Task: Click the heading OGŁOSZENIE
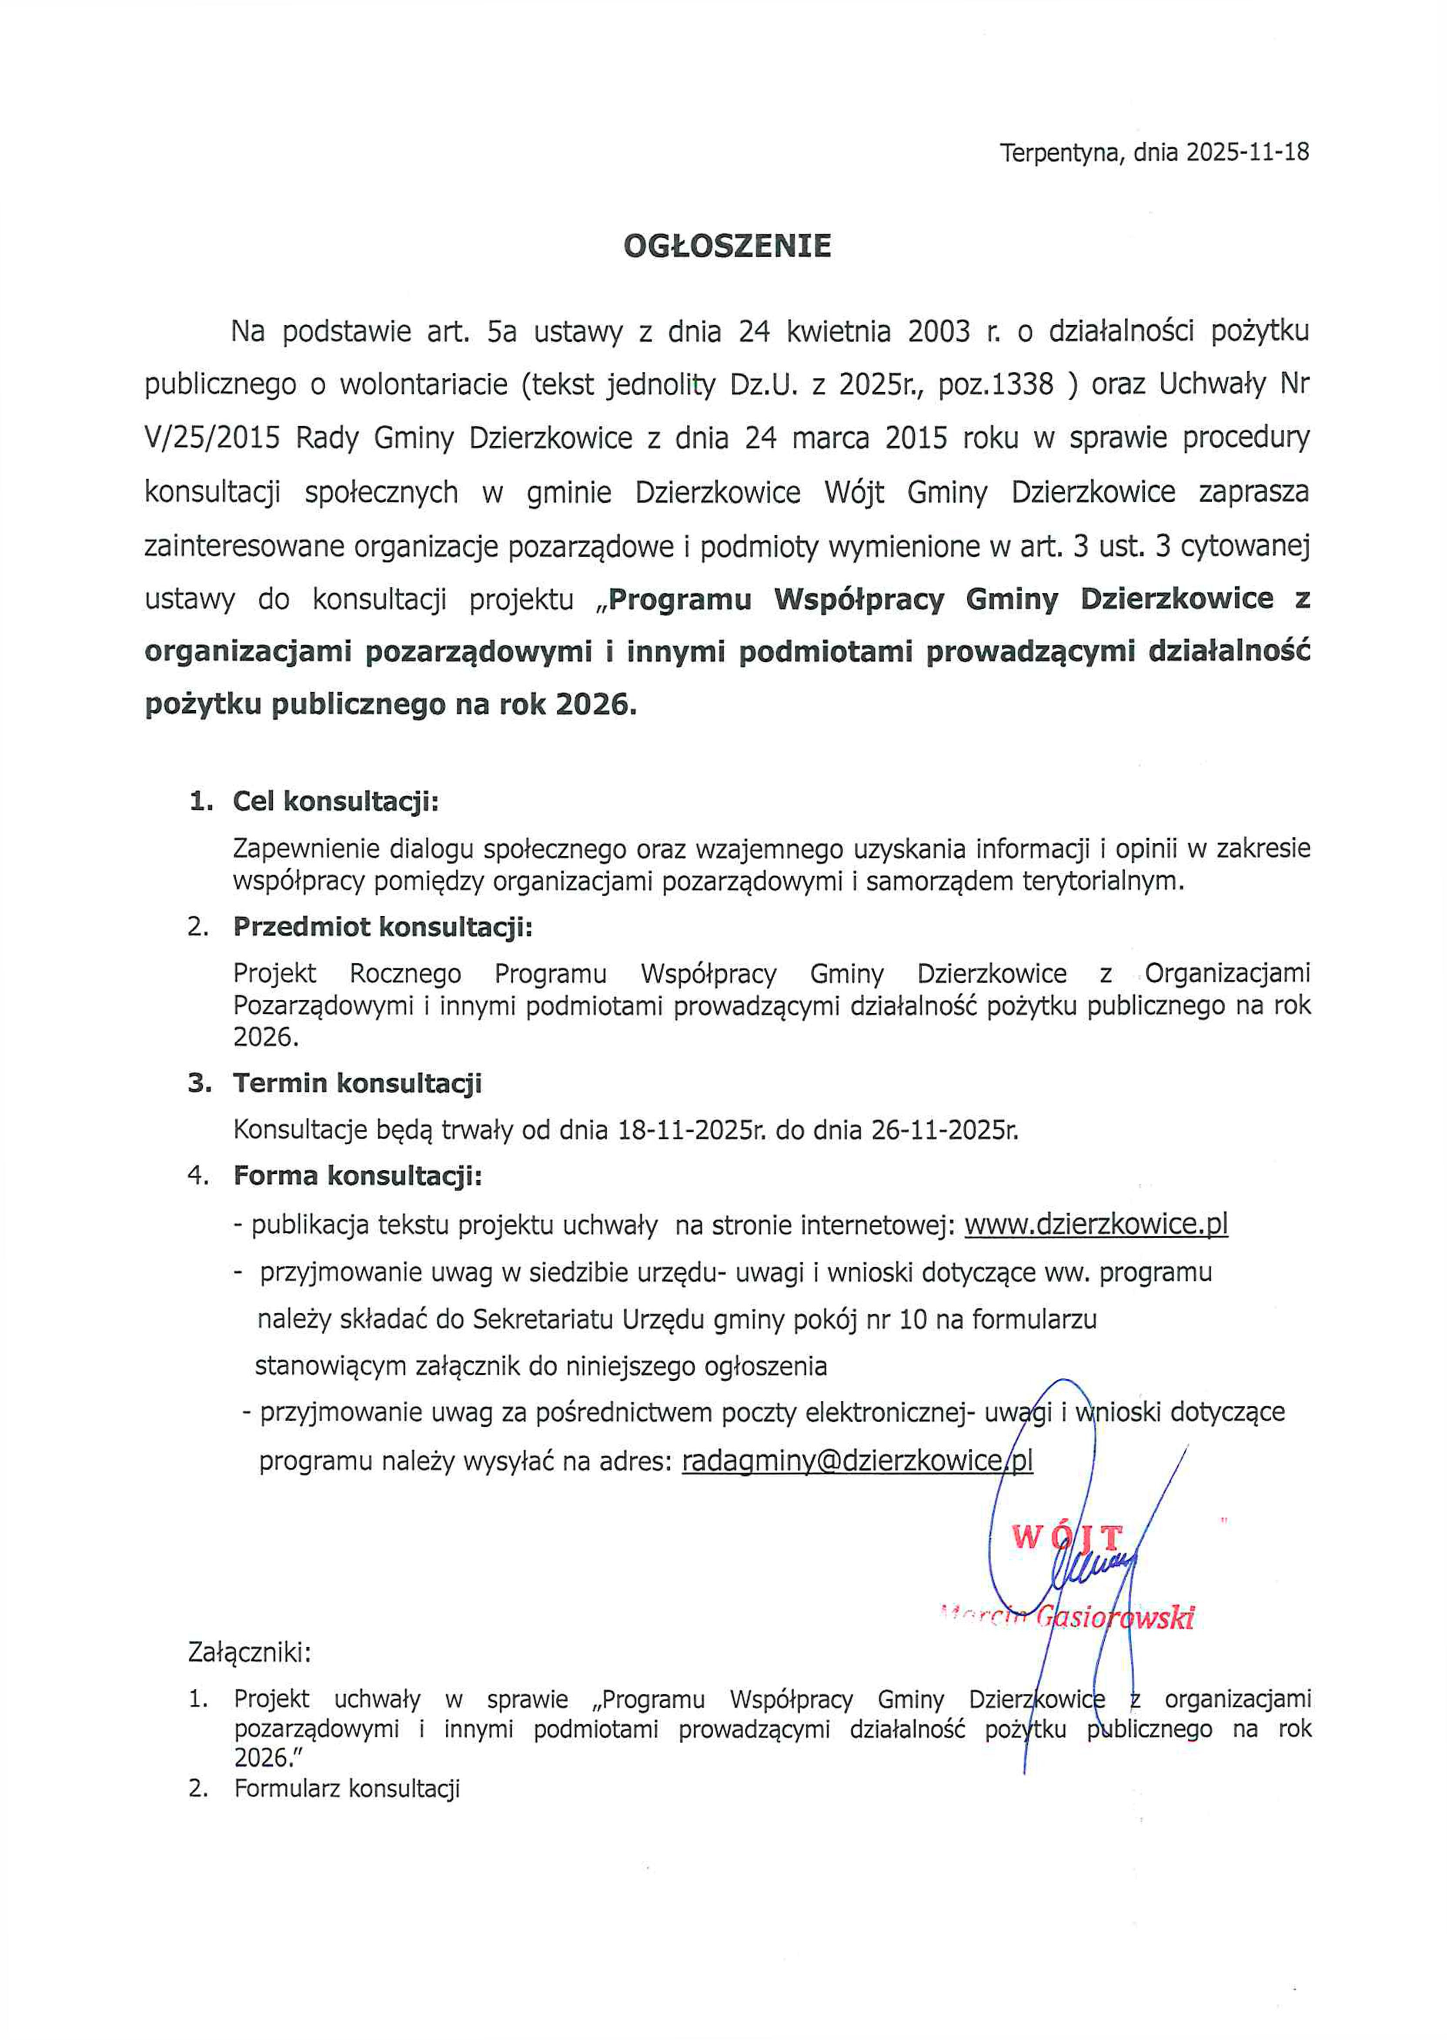727,246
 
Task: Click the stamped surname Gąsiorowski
1114,1617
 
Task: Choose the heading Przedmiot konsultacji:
383,927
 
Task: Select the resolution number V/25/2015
212,438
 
